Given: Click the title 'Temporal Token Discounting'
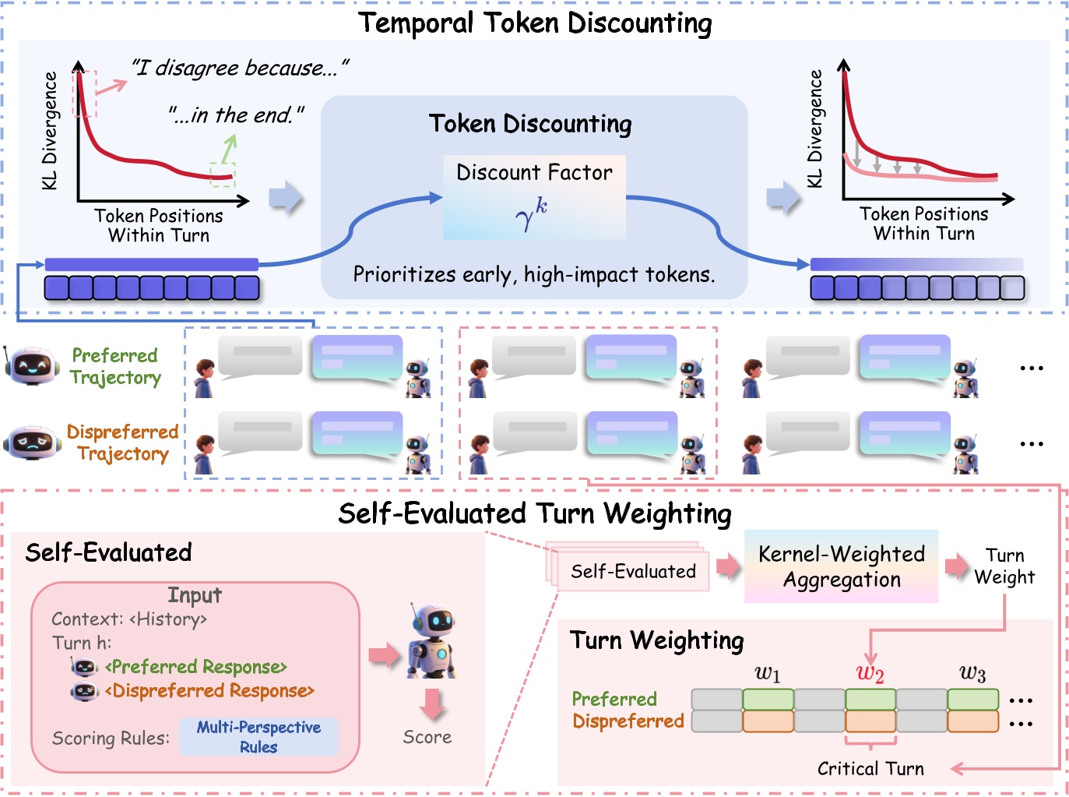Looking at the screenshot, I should tap(535, 23).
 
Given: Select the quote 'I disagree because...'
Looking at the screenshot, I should tap(240, 69).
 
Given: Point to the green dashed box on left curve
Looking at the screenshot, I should tap(222, 175).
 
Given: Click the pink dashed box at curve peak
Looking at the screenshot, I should tap(84, 93).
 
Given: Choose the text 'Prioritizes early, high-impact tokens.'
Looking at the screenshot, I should tap(534, 275).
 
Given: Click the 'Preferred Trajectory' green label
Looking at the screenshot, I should tap(115, 366).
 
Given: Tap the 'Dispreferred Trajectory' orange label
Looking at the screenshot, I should tap(122, 443).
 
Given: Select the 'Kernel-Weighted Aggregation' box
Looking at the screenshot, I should tap(841, 566).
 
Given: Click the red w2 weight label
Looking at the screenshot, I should tap(870, 673).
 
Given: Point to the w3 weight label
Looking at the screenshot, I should tap(972, 673).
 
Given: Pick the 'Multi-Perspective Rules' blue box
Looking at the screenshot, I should tap(258, 736).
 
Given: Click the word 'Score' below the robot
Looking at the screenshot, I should tap(427, 737).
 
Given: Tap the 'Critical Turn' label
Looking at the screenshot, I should tap(870, 769).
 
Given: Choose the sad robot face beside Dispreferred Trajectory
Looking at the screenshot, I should tap(32, 442).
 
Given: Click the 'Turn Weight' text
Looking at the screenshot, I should tap(1004, 566).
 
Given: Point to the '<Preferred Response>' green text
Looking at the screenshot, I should tap(196, 667).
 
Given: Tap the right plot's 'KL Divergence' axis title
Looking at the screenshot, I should tap(814, 129).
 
